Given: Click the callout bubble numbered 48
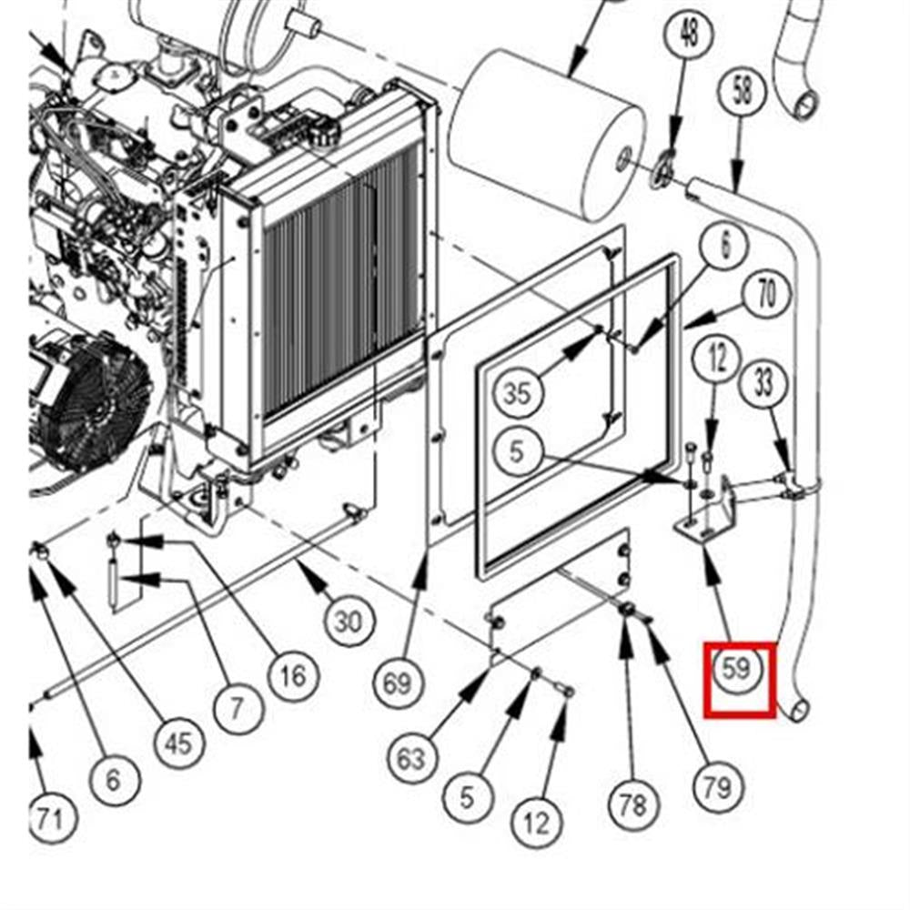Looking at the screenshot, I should click(689, 35).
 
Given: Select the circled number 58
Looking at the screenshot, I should click(743, 92).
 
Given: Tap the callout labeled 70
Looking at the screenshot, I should click(766, 297).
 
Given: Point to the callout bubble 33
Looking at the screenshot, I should click(764, 382).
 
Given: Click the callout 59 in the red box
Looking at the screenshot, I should click(737, 669).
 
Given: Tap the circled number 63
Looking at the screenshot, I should click(412, 757).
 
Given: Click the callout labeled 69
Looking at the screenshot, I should click(398, 682).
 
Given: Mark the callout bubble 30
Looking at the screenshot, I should click(348, 622).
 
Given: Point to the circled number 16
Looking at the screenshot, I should click(292, 676).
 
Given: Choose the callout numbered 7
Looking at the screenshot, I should click(236, 707).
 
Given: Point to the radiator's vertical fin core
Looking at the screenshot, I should click(341, 291).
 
